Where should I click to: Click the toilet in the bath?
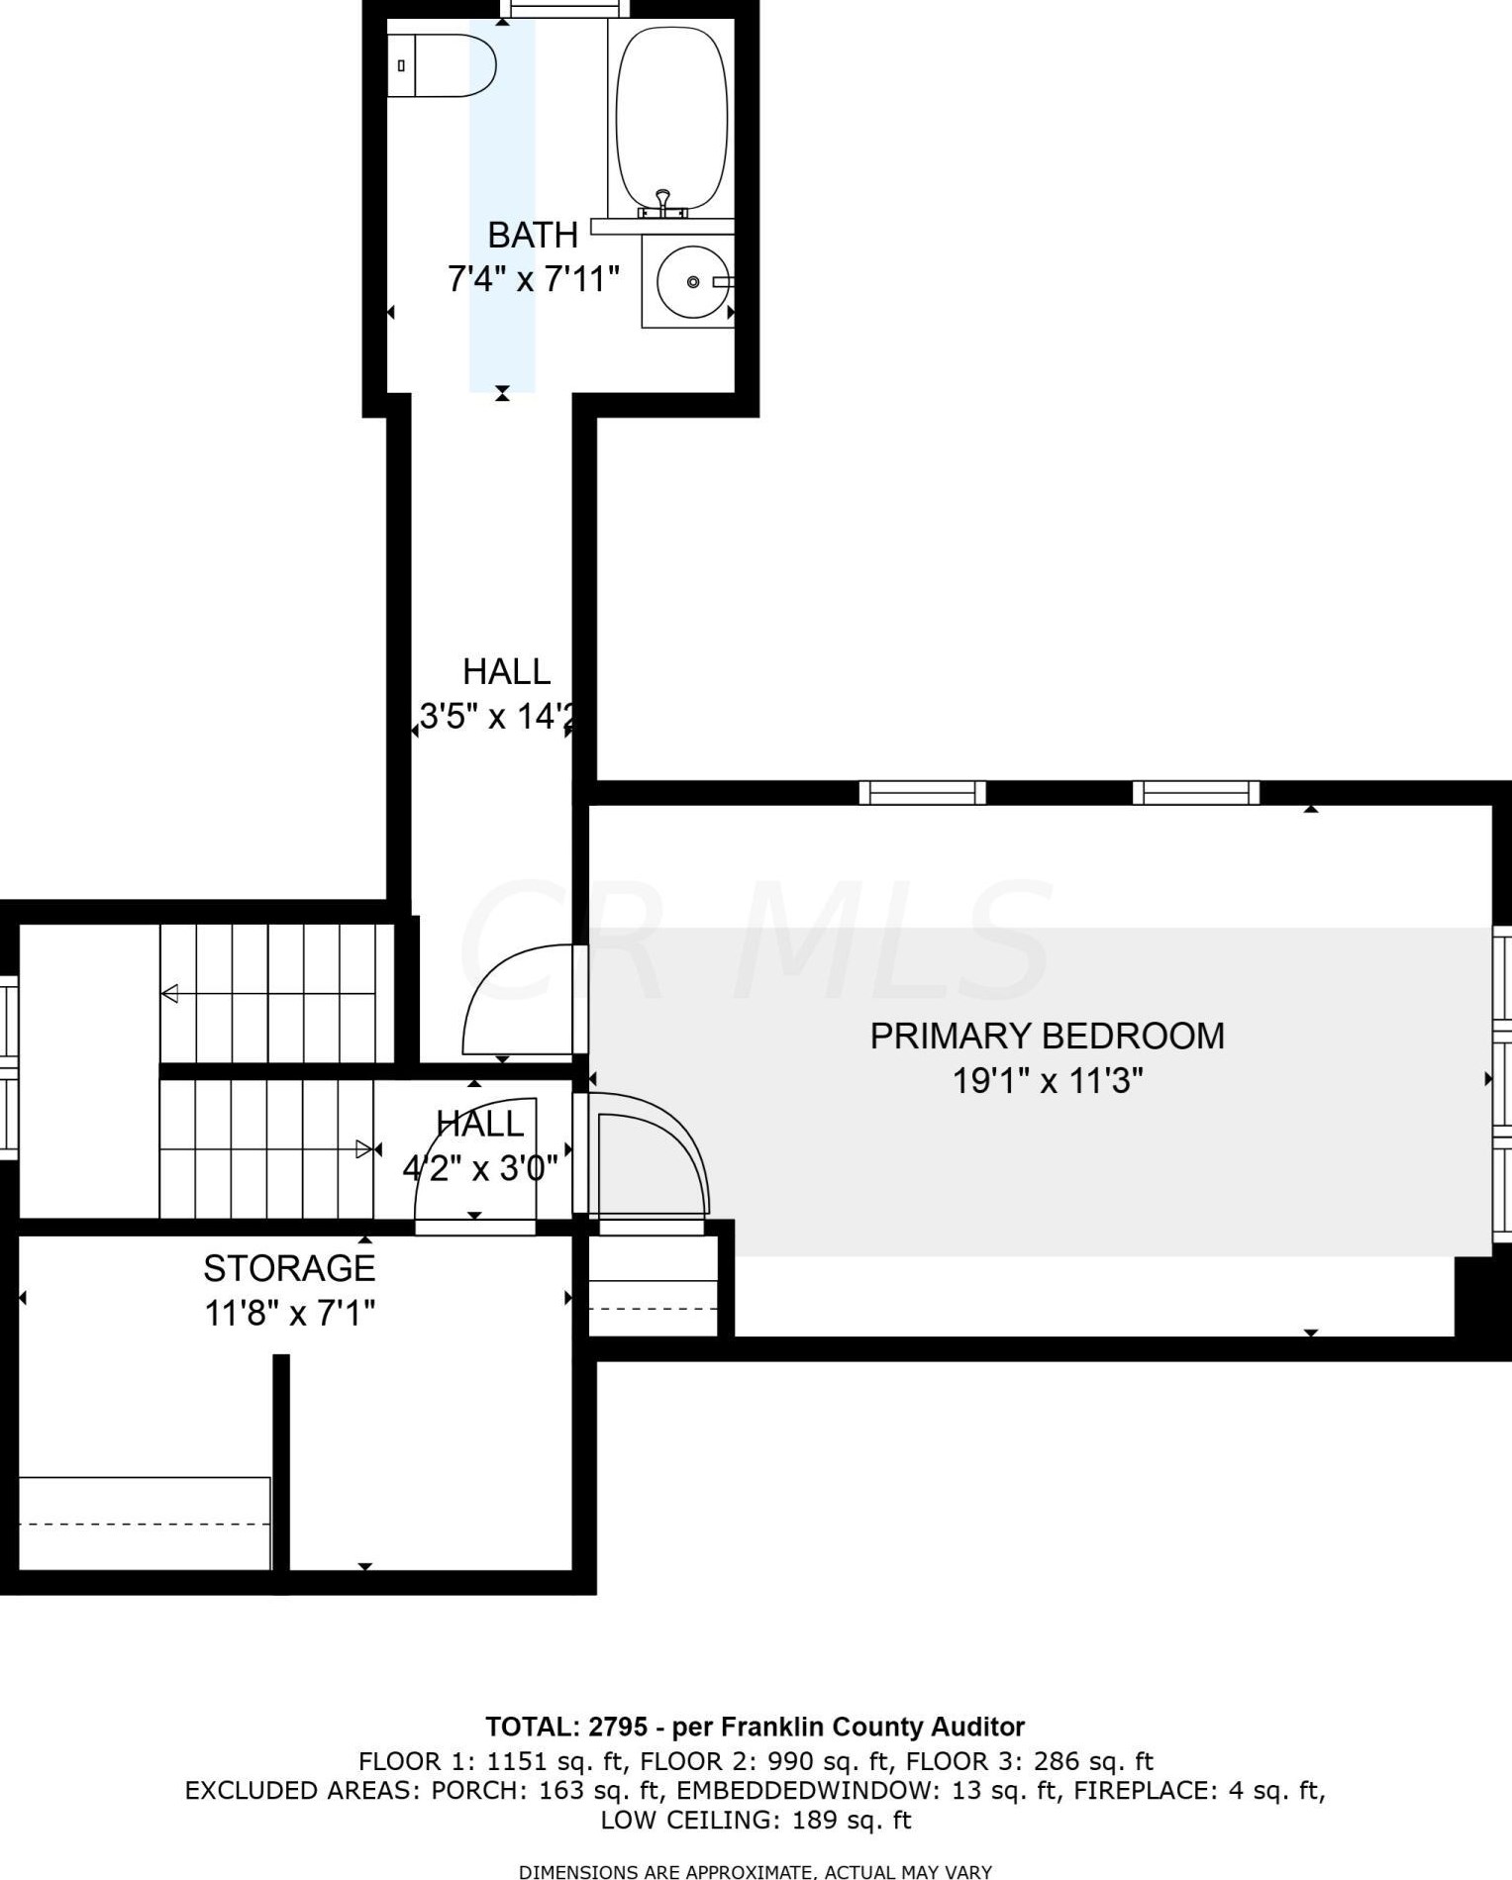pos(442,65)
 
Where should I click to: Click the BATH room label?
pos(533,236)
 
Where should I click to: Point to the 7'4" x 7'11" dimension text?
pos(533,280)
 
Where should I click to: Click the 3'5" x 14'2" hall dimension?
pos(496,716)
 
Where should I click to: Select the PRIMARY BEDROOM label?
pos(1047,1036)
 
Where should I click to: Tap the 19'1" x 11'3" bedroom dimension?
pos(1047,1080)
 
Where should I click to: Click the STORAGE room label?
pos(289,1268)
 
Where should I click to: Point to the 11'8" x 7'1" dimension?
pos(289,1314)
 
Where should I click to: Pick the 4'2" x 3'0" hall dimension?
pos(480,1169)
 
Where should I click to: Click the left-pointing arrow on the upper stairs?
pos(170,993)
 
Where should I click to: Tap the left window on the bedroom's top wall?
pos(922,793)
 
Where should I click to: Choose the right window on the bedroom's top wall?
pos(1196,793)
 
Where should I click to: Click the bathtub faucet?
pos(663,203)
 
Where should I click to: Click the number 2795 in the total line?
pos(618,1727)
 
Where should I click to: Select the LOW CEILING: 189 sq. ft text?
pos(756,1820)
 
